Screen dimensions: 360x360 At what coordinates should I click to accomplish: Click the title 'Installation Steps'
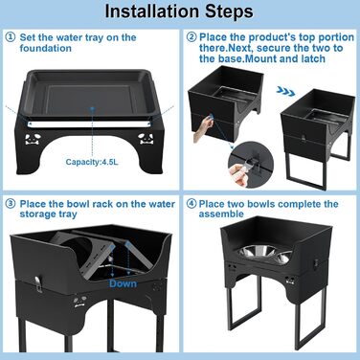[x=179, y=11]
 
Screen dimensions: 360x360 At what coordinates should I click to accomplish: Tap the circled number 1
[x=11, y=37]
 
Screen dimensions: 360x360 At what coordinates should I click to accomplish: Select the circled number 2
[x=191, y=37]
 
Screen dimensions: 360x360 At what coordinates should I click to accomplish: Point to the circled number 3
[x=11, y=204]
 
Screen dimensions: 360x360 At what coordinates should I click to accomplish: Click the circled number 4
[x=191, y=204]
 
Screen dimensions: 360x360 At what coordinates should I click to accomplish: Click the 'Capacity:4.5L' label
[x=92, y=162]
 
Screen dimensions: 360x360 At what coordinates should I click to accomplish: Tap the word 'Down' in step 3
[x=123, y=283]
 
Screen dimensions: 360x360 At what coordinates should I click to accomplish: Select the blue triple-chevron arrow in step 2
[x=285, y=92]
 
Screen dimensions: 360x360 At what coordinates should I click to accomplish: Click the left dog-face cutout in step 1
[x=33, y=139]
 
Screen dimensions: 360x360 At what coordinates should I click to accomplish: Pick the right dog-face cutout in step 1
[x=146, y=139]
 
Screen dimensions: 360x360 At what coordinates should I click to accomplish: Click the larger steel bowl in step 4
[x=255, y=251]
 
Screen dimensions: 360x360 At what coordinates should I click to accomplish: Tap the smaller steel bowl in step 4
[x=282, y=257]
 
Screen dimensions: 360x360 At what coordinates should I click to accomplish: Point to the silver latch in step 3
[x=39, y=283]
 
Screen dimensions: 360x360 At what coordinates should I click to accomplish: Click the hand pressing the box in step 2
[x=203, y=127]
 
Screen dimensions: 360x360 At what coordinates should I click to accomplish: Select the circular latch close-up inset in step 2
[x=251, y=165]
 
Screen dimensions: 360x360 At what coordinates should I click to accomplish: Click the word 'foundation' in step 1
[x=45, y=48]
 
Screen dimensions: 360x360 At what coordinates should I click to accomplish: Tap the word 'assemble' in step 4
[x=221, y=214]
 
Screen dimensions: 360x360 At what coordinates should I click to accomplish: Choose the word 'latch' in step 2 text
[x=313, y=58]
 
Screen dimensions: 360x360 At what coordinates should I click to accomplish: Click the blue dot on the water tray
[x=92, y=109]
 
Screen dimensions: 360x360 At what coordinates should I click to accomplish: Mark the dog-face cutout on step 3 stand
[x=80, y=301]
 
